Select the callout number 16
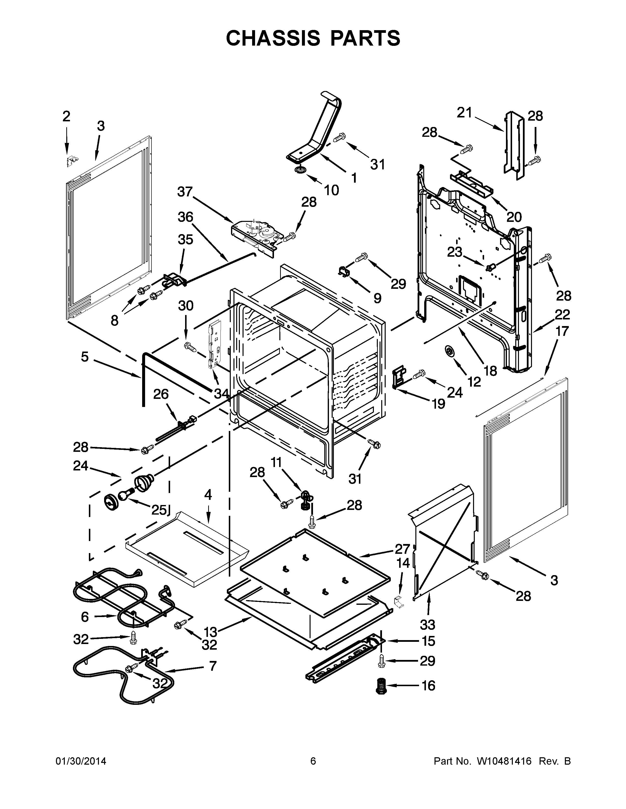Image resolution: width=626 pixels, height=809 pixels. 428,686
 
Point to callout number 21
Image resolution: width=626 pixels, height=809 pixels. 464,113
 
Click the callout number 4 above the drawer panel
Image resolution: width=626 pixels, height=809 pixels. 208,494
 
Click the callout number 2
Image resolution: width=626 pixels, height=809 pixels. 66,116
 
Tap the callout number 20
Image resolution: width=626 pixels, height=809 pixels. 514,217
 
